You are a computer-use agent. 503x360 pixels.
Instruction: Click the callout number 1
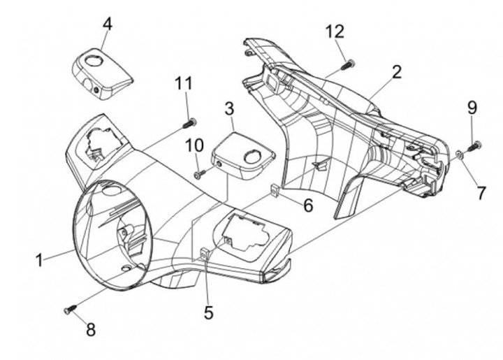click(x=39, y=260)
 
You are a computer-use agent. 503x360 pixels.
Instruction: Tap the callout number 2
click(x=397, y=72)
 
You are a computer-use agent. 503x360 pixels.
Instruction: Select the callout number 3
click(x=229, y=109)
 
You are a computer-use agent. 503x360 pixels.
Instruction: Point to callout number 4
click(x=108, y=24)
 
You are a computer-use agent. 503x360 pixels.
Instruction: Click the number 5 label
click(x=208, y=312)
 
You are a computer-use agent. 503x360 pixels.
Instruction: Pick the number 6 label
click(x=308, y=205)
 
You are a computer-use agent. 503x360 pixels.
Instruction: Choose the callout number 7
click(x=481, y=193)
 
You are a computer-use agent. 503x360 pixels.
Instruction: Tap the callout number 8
click(x=91, y=329)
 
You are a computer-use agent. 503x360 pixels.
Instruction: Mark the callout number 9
click(x=472, y=108)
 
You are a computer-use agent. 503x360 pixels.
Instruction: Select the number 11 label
click(x=184, y=83)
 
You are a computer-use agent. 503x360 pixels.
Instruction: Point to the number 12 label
click(x=335, y=31)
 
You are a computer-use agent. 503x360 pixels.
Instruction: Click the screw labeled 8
click(x=71, y=309)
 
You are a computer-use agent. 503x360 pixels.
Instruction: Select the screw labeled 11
click(x=189, y=123)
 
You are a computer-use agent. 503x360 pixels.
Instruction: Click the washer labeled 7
click(x=460, y=154)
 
